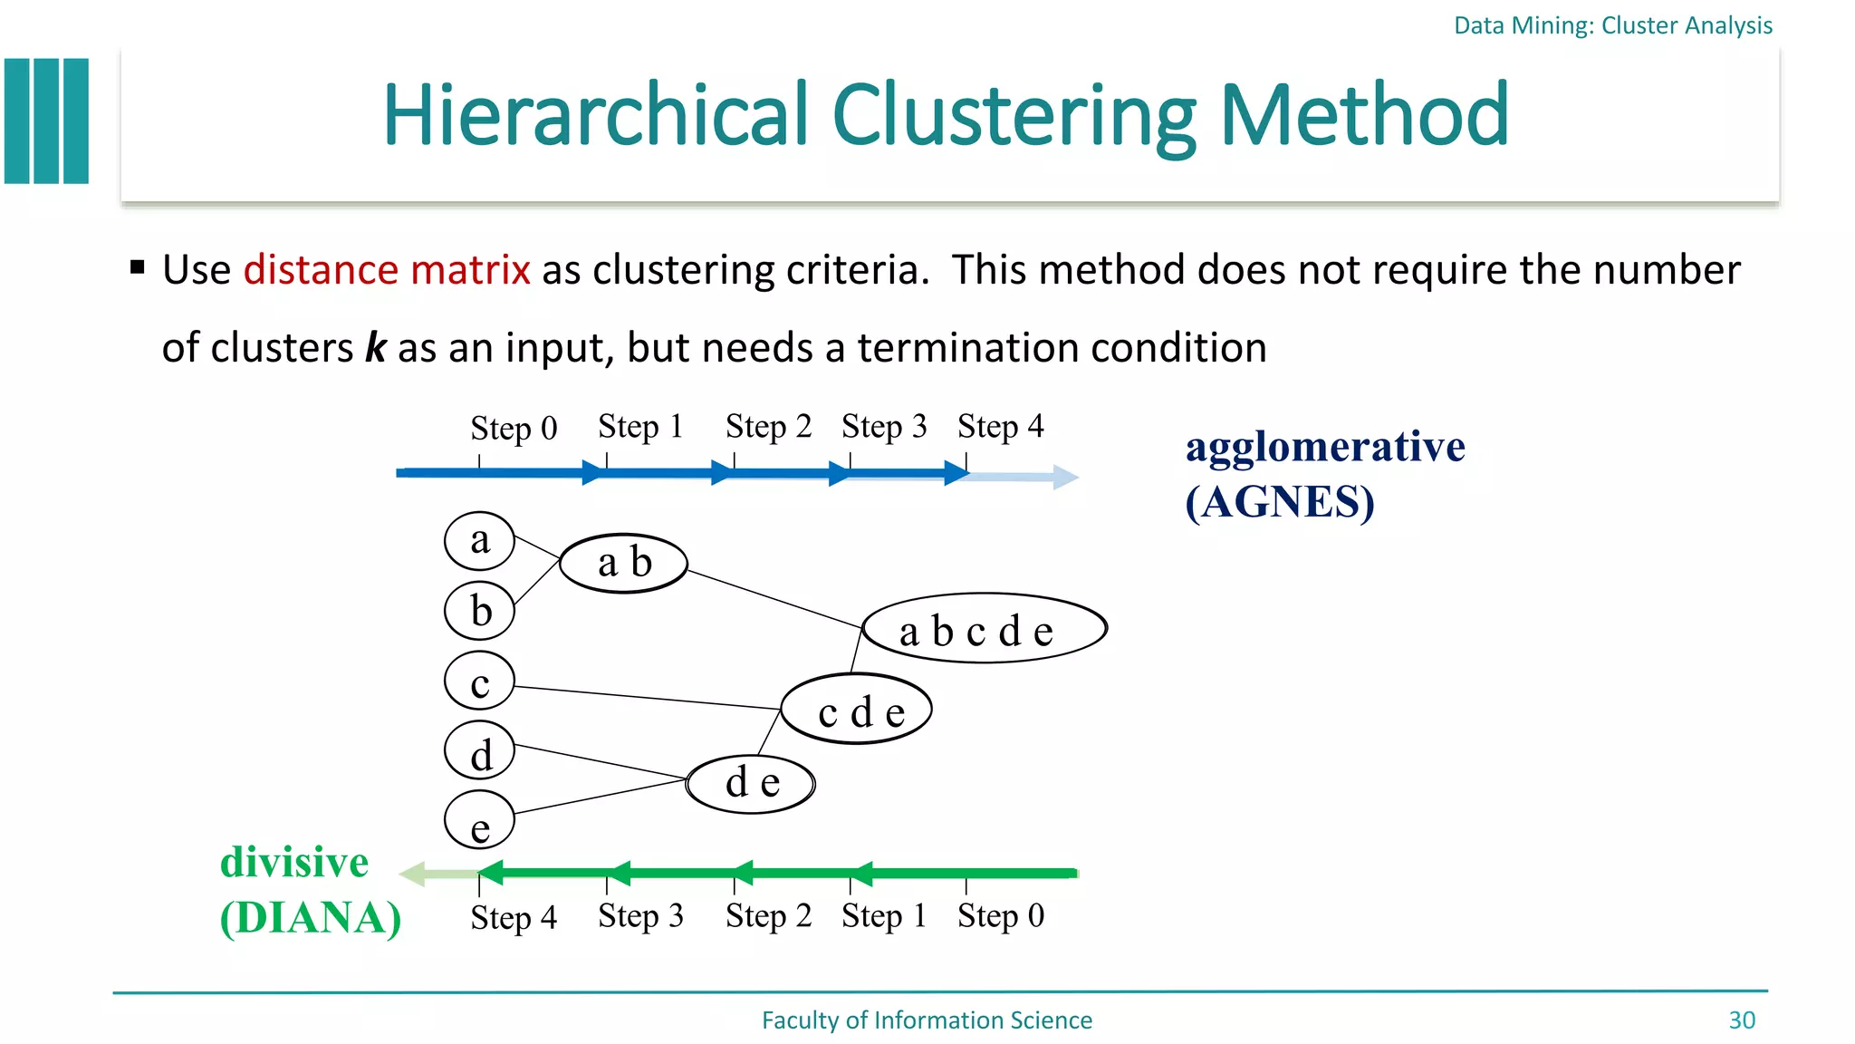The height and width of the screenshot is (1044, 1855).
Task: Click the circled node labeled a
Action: (479, 540)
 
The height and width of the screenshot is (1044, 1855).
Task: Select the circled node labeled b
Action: (479, 610)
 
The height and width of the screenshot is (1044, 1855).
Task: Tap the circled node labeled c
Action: (479, 681)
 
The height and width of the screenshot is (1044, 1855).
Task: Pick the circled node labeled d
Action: (479, 751)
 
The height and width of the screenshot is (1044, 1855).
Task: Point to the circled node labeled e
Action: (479, 820)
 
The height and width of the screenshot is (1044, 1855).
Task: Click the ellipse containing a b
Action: (623, 563)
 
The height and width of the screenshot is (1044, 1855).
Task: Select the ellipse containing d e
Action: (751, 783)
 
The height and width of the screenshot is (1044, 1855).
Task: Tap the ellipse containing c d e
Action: (857, 710)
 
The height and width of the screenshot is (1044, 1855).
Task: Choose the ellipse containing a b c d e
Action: (985, 629)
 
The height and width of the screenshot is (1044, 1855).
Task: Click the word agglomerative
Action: (1324, 447)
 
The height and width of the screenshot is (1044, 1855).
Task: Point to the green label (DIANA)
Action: (311, 918)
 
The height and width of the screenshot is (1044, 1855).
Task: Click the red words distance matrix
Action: (387, 270)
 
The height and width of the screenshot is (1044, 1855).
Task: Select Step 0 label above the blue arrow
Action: (514, 428)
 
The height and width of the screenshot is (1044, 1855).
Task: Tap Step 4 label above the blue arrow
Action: (1000, 426)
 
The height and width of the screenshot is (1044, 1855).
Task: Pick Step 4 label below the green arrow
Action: (514, 917)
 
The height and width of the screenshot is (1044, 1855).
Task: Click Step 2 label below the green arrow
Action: (768, 915)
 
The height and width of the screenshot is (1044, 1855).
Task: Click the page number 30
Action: (1741, 1020)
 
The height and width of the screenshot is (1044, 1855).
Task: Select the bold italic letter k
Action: (375, 348)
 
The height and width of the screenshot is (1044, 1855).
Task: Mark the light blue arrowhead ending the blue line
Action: (1065, 478)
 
